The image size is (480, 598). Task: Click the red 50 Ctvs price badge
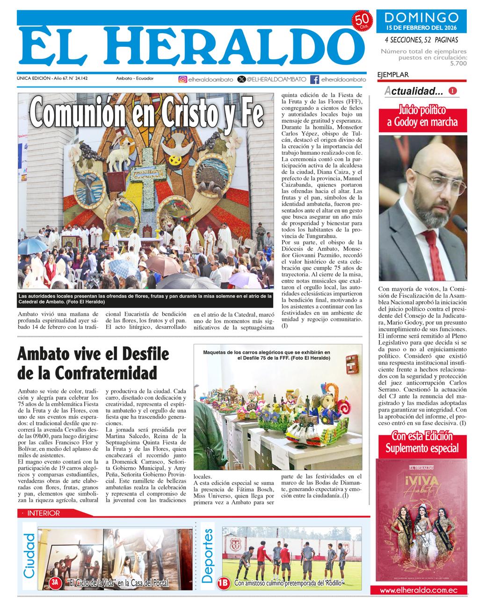pyautogui.click(x=362, y=21)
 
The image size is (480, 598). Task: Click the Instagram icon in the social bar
pyautogui.click(x=182, y=79)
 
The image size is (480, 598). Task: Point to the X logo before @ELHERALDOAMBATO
pyautogui.click(x=241, y=79)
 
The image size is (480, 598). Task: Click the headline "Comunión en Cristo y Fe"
pyautogui.click(x=146, y=112)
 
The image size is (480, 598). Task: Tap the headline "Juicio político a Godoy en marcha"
pyautogui.click(x=422, y=117)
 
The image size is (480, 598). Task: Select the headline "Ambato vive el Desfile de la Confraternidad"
pyautogui.click(x=87, y=363)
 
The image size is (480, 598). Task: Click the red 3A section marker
pyautogui.click(x=55, y=583)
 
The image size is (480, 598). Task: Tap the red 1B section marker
pyautogui.click(x=224, y=583)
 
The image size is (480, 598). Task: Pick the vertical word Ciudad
pyautogui.click(x=29, y=556)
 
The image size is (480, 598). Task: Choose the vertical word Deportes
pyautogui.click(x=208, y=556)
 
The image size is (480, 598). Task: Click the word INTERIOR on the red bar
pyautogui.click(x=44, y=513)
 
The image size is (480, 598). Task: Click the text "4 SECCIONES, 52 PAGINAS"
pyautogui.click(x=422, y=40)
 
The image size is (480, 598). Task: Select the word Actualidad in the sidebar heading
pyautogui.click(x=414, y=91)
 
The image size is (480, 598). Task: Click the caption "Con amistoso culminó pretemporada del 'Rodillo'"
pyautogui.click(x=289, y=583)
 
